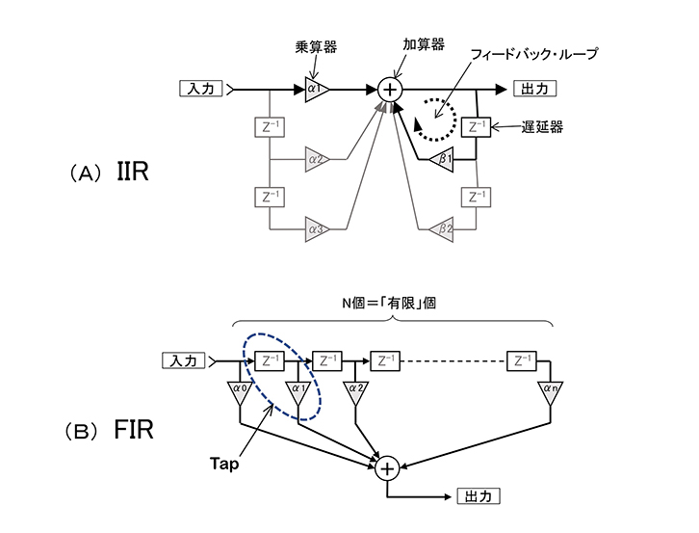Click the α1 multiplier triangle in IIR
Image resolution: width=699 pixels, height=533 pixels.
pos(315,89)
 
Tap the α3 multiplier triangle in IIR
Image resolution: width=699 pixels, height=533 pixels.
pos(315,229)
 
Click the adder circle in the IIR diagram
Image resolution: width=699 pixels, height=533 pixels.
pos(389,89)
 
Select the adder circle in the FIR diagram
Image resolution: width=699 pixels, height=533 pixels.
pos(387,468)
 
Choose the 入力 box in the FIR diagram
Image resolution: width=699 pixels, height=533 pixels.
pos(185,360)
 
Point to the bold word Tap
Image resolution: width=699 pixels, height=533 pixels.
pos(223,463)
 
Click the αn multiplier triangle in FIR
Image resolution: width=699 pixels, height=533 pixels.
pos(550,390)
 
